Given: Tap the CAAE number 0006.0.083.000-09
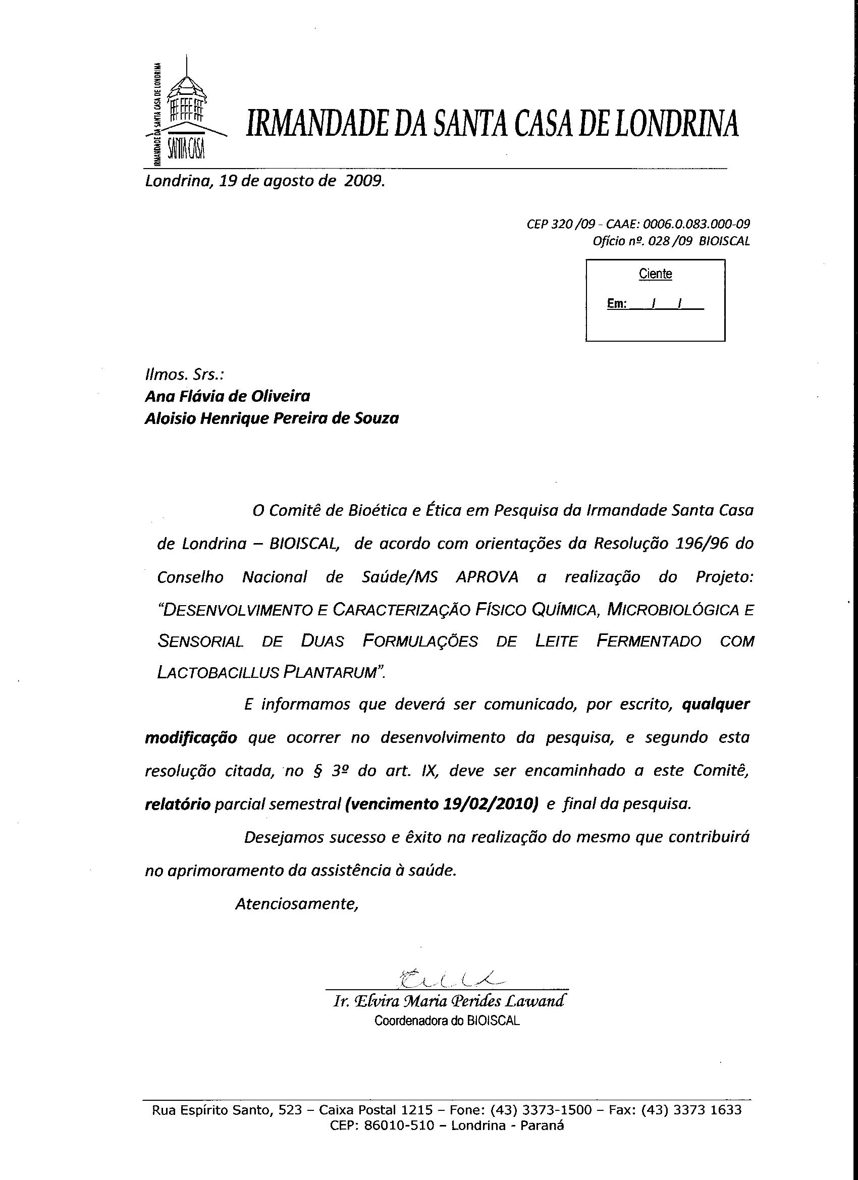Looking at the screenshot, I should pyautogui.click(x=696, y=224).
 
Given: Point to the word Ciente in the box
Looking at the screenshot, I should pyautogui.click(x=655, y=274).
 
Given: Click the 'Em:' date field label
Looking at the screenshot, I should pyautogui.click(x=617, y=304).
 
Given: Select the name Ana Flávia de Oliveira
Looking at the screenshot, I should pyautogui.click(x=228, y=397).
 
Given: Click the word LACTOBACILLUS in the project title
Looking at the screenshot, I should pyautogui.click(x=219, y=673).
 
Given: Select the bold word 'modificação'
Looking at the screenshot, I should pyautogui.click(x=190, y=738).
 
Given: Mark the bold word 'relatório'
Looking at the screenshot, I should pyautogui.click(x=178, y=804).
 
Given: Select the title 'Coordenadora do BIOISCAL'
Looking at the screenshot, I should pyautogui.click(x=447, y=1021).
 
